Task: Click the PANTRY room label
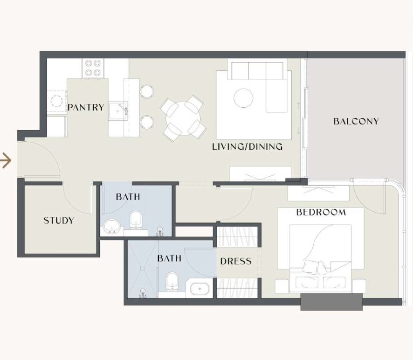click(86, 107)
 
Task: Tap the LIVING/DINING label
click(248, 146)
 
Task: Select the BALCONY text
click(356, 121)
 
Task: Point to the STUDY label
click(59, 220)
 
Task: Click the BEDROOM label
click(321, 212)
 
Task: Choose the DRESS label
click(236, 261)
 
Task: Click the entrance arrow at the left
click(6, 160)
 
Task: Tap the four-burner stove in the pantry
click(93, 68)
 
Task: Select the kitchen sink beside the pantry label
click(118, 111)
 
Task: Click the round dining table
click(183, 118)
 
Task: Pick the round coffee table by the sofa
click(243, 98)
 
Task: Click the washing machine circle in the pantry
click(56, 101)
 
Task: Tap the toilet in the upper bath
click(136, 220)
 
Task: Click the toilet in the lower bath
click(172, 282)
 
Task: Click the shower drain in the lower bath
click(143, 268)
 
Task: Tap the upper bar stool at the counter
click(147, 91)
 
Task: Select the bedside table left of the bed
click(282, 286)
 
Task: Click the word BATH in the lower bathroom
click(169, 258)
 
